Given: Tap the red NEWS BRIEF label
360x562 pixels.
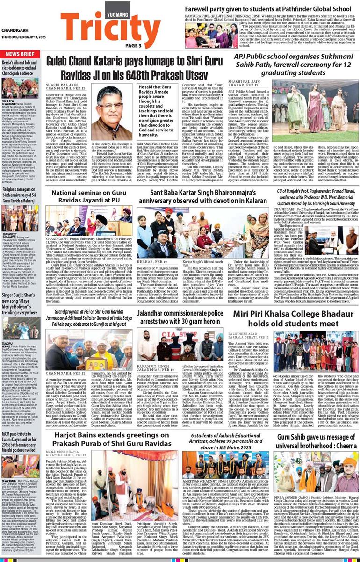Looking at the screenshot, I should [19, 54].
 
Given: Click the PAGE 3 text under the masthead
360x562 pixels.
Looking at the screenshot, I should [133, 45].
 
